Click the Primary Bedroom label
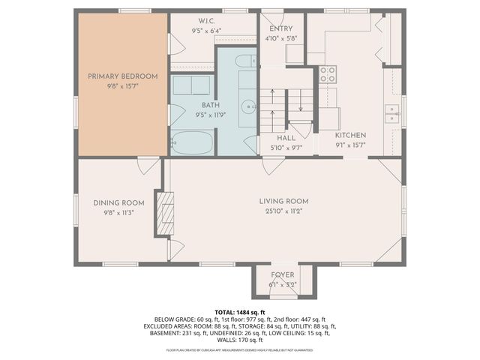point(123,76)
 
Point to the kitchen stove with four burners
point(328,74)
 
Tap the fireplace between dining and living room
point(164,213)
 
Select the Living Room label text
point(284,201)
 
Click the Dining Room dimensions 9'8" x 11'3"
point(118,212)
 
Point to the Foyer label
point(283,274)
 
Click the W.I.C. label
point(187,20)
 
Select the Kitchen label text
point(349,136)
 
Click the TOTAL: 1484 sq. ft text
point(240,311)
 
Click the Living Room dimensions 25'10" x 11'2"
point(284,211)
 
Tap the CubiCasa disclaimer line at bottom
point(240,350)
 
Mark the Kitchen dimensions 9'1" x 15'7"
point(349,145)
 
